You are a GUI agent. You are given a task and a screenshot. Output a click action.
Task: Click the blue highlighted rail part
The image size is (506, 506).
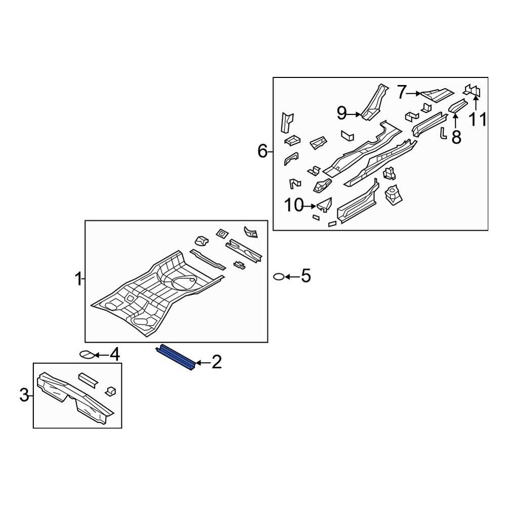point(176,357)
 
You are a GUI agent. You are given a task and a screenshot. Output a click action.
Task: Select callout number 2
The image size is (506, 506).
point(217,362)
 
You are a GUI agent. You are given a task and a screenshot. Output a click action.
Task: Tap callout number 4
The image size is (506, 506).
point(115,355)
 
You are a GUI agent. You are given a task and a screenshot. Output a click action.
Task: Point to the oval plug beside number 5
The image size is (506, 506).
point(278,277)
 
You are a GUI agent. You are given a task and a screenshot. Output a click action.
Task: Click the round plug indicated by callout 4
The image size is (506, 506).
point(87,355)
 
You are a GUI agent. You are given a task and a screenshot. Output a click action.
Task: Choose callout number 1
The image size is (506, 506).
point(78,279)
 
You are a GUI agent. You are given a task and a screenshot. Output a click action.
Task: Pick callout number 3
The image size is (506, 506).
point(24,395)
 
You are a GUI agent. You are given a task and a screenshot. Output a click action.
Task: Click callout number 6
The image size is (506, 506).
point(263,151)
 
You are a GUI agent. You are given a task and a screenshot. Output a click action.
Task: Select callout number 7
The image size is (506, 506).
point(401,93)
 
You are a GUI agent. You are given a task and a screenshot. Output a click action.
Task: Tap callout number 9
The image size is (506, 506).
point(342,113)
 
